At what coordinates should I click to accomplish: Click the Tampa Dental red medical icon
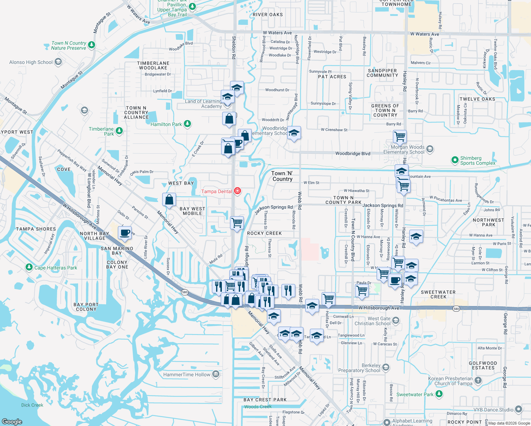click(237, 191)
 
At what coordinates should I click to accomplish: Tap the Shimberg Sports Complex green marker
click(455, 160)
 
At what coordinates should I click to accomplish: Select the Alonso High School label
click(31, 62)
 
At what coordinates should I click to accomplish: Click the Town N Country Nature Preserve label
click(69, 45)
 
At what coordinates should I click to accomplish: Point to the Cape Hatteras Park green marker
click(29, 267)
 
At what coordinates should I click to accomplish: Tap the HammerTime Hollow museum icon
click(216, 374)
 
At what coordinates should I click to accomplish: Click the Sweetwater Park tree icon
click(439, 394)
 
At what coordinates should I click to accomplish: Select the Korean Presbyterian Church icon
click(478, 381)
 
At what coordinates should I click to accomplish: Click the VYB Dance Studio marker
click(518, 409)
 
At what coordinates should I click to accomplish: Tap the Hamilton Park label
click(166, 124)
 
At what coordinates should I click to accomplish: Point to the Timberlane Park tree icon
click(119, 131)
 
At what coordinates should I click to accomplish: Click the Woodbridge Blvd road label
click(352, 154)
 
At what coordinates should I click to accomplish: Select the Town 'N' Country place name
click(283, 176)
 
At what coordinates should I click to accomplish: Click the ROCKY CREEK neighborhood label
click(264, 233)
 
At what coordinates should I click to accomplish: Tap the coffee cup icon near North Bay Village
click(125, 233)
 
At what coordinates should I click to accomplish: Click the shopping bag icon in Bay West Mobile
click(169, 200)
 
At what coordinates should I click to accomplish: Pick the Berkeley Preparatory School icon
click(386, 367)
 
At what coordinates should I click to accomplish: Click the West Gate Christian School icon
click(396, 321)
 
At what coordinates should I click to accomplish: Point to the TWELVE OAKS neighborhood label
click(477, 99)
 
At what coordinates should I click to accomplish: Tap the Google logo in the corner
click(12, 421)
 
